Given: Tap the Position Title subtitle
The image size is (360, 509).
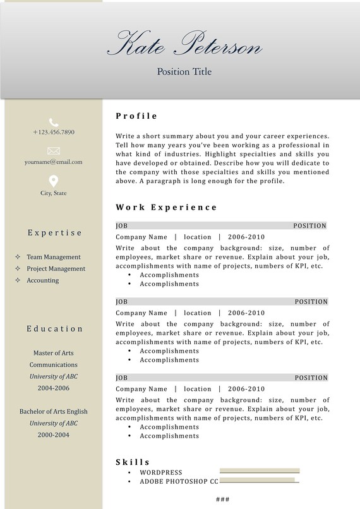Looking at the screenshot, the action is [184, 72].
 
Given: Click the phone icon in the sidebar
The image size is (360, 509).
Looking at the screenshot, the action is [54, 122].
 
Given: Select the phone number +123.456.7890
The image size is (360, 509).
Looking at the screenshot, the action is [54, 133].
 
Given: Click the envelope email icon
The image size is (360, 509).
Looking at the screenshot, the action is [54, 151].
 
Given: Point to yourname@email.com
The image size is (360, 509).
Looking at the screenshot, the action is [54, 162].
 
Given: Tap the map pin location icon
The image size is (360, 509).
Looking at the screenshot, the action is [54, 181].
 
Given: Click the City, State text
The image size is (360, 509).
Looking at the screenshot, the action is [54, 193].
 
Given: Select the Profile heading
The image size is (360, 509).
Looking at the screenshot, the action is [136, 116].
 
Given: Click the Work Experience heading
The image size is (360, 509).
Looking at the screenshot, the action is [166, 207].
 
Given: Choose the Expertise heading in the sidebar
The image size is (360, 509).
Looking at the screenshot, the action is [54, 233].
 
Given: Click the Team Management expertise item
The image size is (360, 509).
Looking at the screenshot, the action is [54, 257].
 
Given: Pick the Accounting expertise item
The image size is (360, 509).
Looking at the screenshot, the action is [42, 280].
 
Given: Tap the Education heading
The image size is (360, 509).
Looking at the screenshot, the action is [54, 329].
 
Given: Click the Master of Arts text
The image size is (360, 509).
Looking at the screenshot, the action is [54, 353].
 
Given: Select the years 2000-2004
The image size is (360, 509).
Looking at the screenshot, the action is [54, 435].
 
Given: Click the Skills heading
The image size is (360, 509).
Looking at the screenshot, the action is [133, 462].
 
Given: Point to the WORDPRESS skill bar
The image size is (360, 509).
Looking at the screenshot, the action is [260, 471].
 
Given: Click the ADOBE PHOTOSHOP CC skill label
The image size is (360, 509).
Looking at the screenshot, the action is [179, 482].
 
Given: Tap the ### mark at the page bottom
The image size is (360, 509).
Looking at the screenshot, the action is [222, 500].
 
